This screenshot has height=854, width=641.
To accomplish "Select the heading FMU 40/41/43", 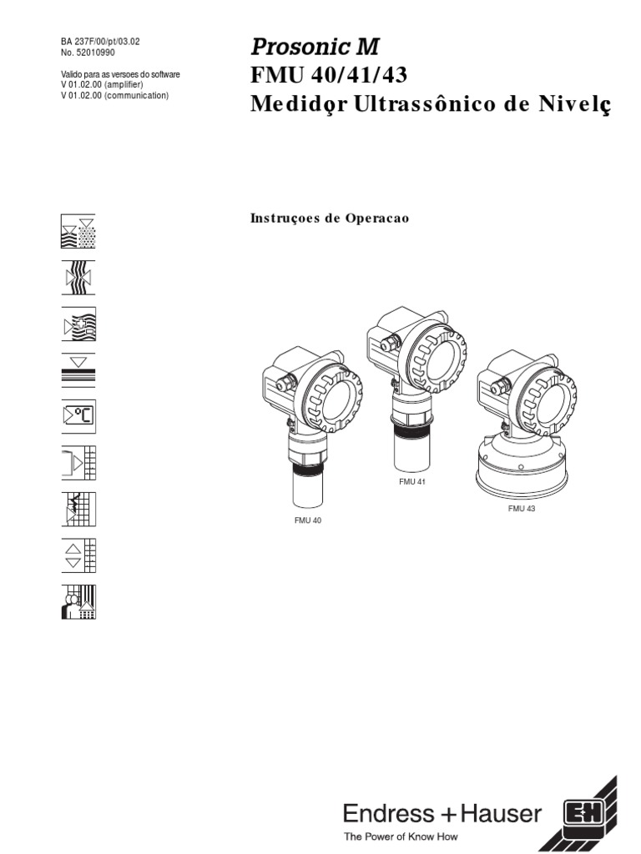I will coord(329,76).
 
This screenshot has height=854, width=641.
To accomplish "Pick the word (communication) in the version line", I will coord(134,96).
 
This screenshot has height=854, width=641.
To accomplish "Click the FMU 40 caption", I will coord(307,520).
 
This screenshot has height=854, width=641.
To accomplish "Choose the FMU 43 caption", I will coord(521,509).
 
